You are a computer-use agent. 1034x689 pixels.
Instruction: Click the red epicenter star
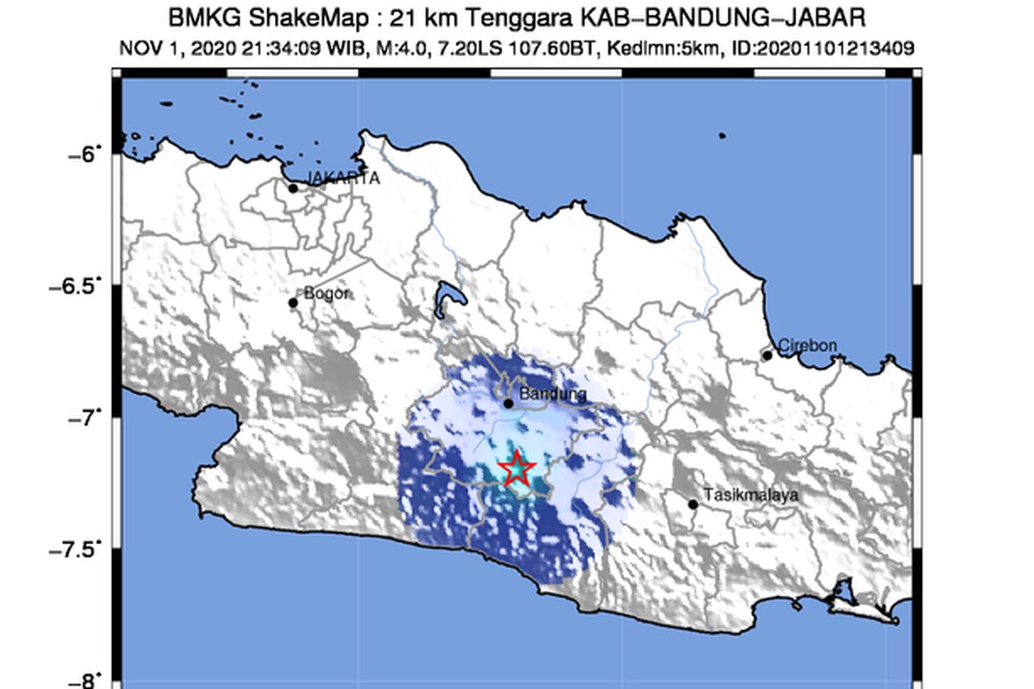click(517, 469)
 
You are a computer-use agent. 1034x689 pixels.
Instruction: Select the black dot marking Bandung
click(508, 403)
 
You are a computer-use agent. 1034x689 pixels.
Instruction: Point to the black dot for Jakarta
click(293, 188)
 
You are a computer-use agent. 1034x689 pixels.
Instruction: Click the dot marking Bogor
click(293, 302)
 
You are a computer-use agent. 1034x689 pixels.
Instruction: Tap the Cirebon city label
click(807, 345)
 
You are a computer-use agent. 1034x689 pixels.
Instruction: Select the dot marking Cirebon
click(767, 355)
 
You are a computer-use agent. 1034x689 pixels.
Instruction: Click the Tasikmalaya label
click(751, 495)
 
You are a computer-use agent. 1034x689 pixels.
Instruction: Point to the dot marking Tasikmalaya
click(693, 504)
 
